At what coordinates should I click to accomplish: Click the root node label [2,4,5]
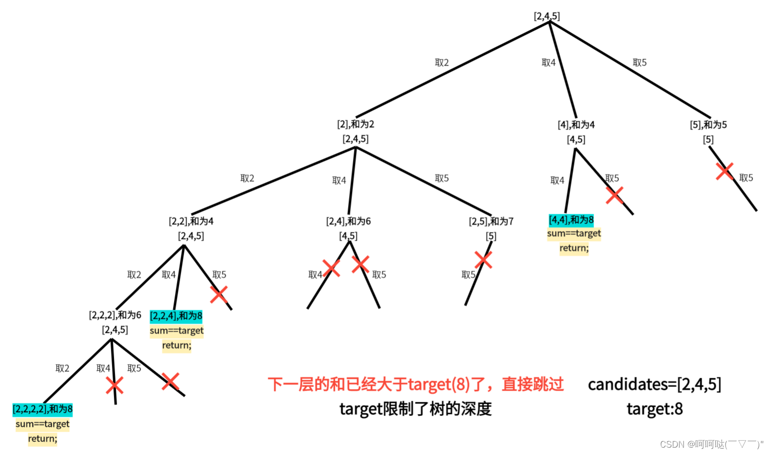coord(547,16)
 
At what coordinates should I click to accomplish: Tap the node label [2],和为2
coord(355,124)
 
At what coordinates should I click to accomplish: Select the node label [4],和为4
coord(576,125)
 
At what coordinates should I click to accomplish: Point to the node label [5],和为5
coord(708,125)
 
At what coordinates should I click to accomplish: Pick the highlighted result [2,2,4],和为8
coord(176,316)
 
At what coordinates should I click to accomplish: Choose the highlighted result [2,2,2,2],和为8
coord(43,409)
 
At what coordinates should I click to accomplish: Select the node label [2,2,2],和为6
coord(115,315)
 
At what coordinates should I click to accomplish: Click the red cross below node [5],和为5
coord(724,171)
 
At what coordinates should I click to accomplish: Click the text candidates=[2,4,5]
coord(654,385)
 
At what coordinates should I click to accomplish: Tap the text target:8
coord(654,409)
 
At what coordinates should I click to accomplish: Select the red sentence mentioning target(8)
coord(416,385)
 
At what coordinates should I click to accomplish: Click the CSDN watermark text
coord(711,444)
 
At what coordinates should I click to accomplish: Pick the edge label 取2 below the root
coord(441,63)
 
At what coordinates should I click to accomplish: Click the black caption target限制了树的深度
coord(416,409)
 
